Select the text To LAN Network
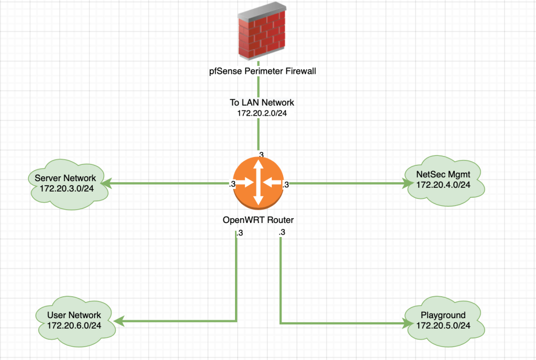262,103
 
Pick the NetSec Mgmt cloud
443,180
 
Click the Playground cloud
443,320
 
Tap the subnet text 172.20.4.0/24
443,185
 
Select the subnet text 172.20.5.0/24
443,325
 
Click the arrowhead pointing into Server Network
107,184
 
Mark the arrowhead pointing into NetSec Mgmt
406,184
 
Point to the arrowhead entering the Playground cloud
406,323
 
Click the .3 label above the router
261,154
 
